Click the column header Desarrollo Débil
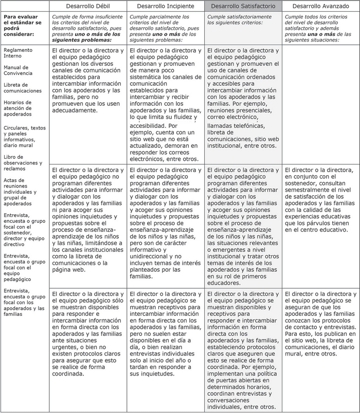tap(88, 6)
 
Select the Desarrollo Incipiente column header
tap(166, 6)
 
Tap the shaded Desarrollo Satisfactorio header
tap(243, 6)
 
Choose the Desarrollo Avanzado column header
tap(320, 6)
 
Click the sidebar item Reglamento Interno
tap(17, 53)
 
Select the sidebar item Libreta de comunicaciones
tap(22, 87)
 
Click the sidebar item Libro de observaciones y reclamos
tap(24, 162)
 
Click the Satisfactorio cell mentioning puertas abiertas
tap(243, 349)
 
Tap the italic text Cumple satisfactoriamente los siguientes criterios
tap(243, 21)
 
